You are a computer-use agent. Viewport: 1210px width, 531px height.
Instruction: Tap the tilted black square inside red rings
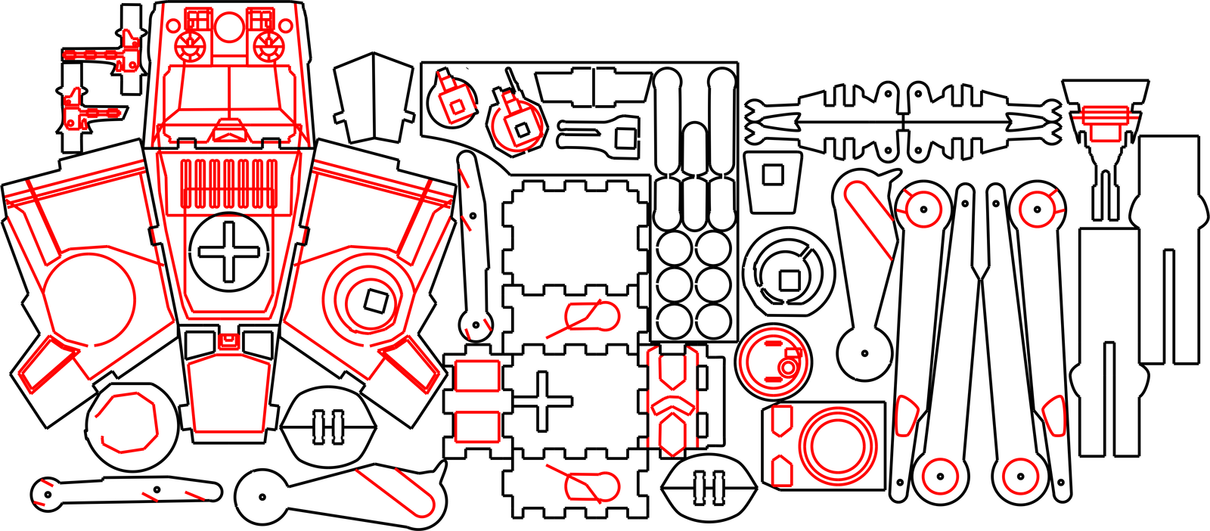[x=374, y=301]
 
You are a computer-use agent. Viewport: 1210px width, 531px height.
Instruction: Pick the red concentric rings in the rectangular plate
[x=837, y=446]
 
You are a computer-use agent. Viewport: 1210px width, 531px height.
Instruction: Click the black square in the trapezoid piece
[x=772, y=175]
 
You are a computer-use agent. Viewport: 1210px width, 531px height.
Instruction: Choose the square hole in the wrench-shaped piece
[x=625, y=138]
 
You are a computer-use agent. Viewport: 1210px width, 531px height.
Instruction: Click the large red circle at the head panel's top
[x=228, y=26]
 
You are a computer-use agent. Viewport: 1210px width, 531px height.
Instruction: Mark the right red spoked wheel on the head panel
[x=266, y=47]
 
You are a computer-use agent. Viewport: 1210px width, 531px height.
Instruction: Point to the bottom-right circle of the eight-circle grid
[x=713, y=320]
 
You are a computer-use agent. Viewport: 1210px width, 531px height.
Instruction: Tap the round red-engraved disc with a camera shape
[x=772, y=362]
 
